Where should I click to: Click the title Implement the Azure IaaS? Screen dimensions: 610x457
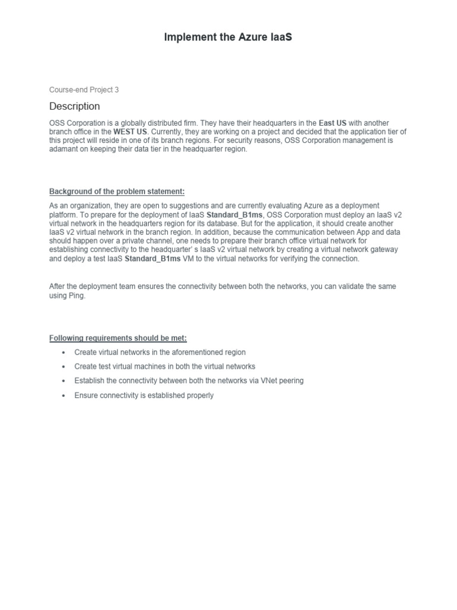[x=228, y=38]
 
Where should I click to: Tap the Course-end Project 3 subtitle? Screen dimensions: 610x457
[x=84, y=90]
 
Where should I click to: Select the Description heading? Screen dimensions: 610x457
[x=74, y=106]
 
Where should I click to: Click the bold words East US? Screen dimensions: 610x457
[x=333, y=123]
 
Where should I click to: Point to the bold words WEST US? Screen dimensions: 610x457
[x=130, y=132]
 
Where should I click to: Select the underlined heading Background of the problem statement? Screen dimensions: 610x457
[x=117, y=191]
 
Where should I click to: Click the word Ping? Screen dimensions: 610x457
[x=76, y=295]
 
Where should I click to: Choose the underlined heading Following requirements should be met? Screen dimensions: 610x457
[x=118, y=338]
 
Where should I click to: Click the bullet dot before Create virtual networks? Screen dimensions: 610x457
[x=64, y=353]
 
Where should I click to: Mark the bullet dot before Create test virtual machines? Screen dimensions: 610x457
[x=64, y=367]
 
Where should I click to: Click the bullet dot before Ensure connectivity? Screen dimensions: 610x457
[x=64, y=396]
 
